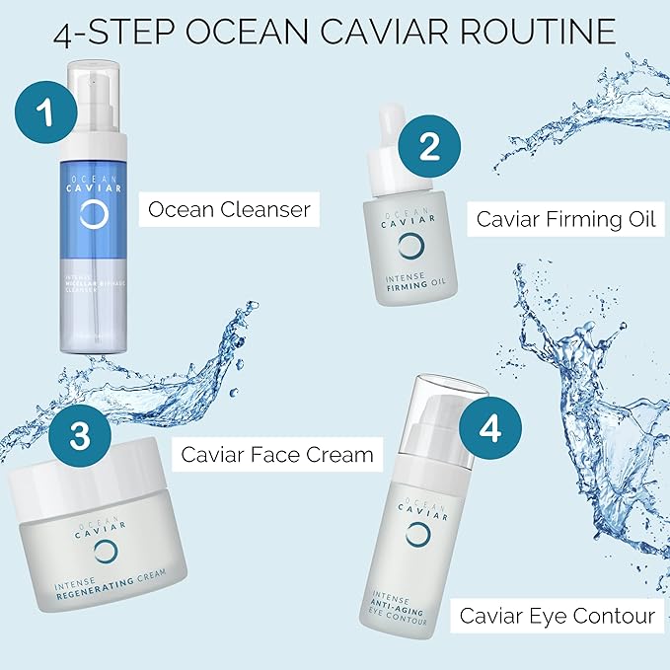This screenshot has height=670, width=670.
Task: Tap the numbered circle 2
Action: (428, 146)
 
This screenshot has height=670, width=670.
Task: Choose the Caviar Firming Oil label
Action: (565, 218)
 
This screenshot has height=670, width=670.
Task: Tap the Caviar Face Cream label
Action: (276, 454)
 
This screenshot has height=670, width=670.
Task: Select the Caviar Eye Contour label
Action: (557, 616)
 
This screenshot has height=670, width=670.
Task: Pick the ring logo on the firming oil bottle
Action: (414, 248)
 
